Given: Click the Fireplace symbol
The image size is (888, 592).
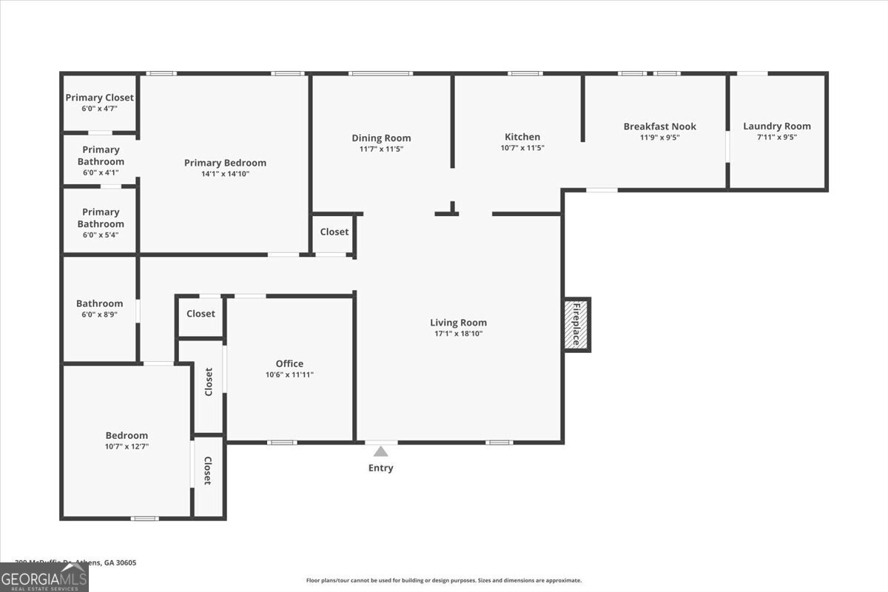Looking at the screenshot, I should pos(576,324).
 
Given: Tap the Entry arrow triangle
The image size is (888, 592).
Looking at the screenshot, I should pos(380,451).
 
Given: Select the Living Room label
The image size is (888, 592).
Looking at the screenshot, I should pos(458,323).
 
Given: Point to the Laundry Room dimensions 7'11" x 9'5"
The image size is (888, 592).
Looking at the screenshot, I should pos(776,137).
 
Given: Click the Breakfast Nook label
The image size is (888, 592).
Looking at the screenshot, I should pos(659,127).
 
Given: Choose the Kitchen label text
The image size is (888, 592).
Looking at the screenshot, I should pos(522,137).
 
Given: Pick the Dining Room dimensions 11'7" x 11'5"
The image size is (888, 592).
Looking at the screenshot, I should pos(380,149).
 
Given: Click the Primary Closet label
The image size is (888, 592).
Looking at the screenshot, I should pos(99,98).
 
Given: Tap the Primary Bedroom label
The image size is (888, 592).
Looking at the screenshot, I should pos(225,163).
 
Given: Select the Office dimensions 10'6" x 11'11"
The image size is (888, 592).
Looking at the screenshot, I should pos(289,374).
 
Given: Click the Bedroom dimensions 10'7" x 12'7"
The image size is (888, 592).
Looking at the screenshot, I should pos(127,446).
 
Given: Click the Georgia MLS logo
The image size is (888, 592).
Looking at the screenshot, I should pos(44,577).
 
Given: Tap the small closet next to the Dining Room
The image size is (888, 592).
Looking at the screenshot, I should pos(334,232).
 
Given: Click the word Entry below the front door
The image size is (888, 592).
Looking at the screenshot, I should pos(380,468).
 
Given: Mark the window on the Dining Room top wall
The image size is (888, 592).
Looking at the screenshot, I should pos(380,73).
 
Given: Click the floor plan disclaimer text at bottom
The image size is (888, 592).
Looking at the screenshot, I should pos(443,581).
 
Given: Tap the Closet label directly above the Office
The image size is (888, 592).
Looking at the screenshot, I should pos(201,314).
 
